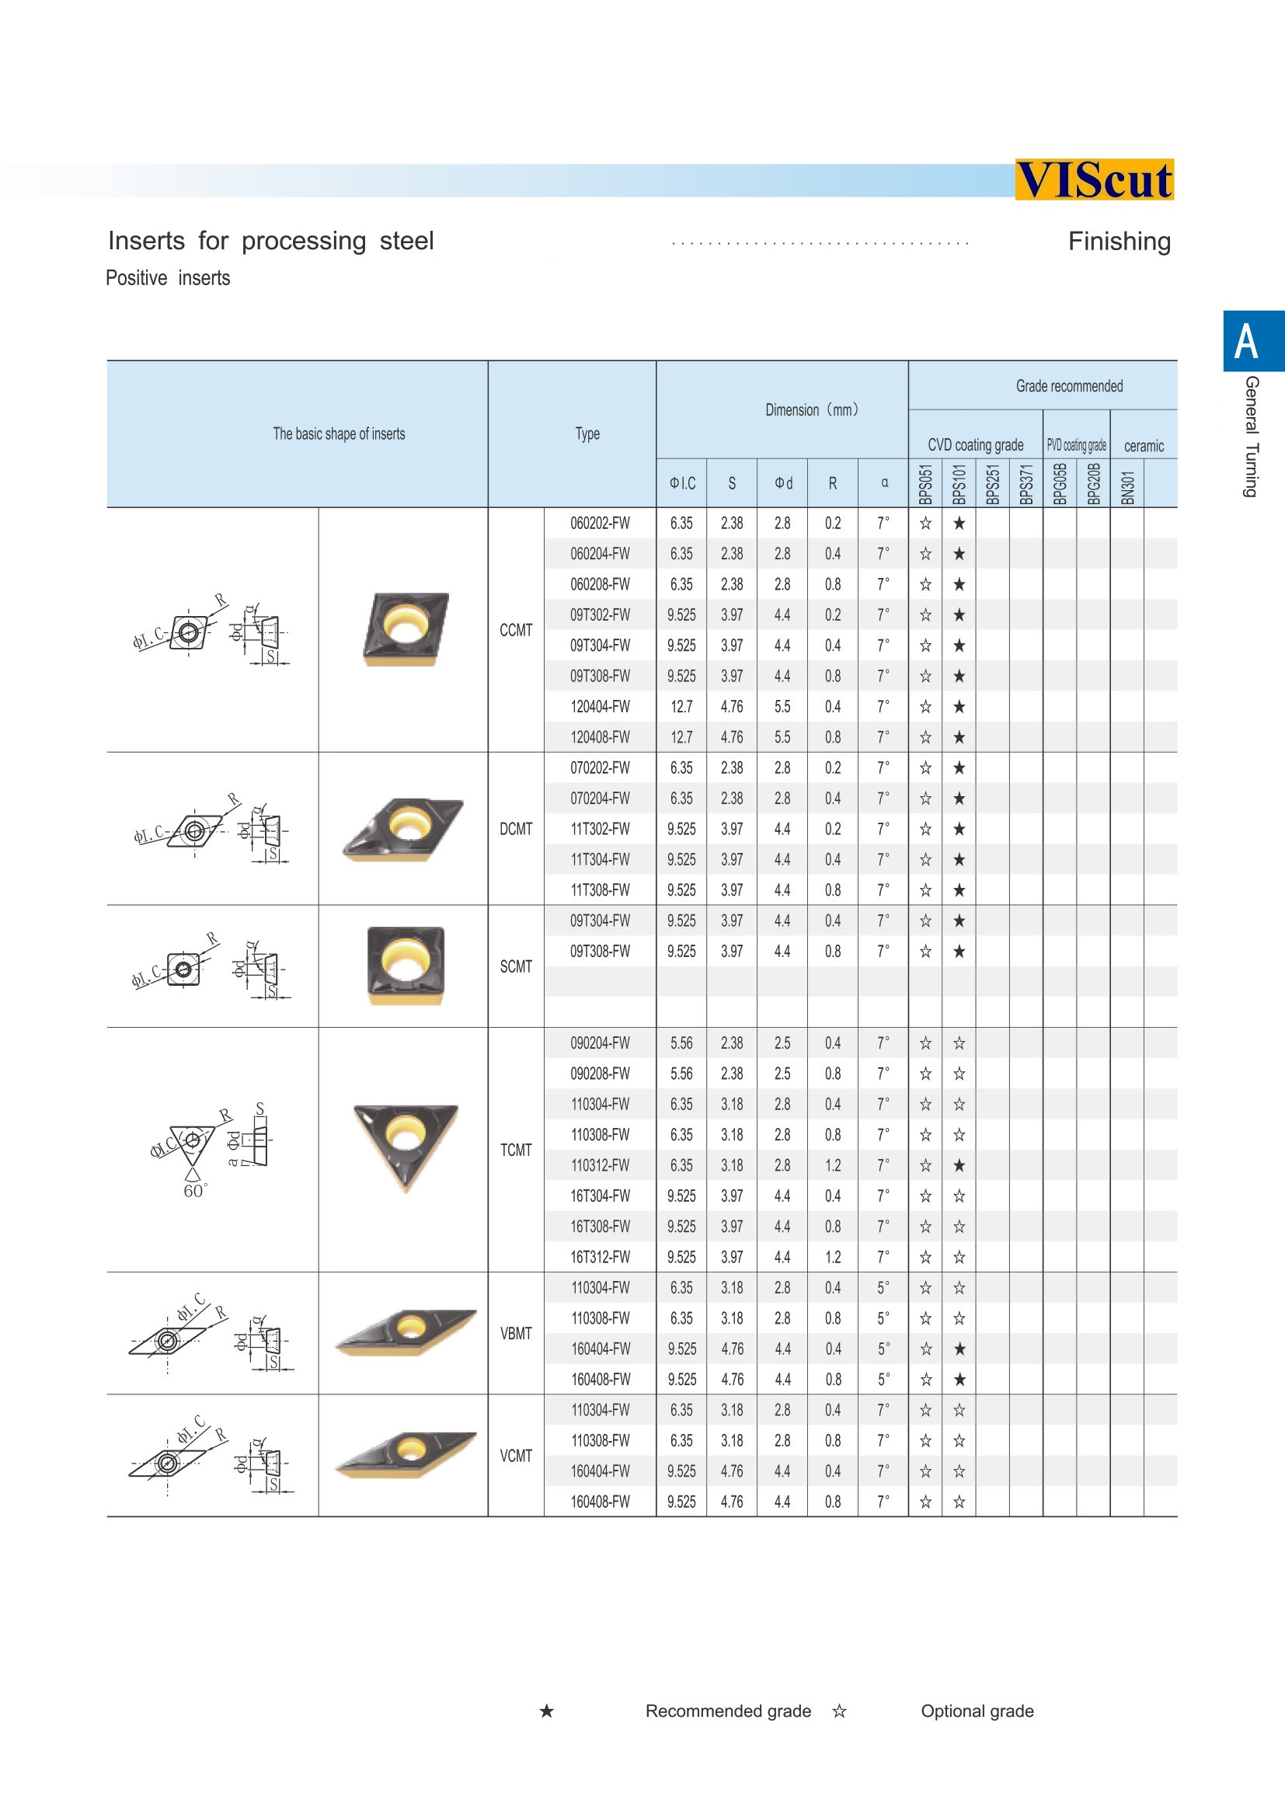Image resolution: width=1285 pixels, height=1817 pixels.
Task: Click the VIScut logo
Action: coord(1094,179)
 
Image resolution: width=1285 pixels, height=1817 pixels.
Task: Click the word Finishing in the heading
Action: coord(1119,242)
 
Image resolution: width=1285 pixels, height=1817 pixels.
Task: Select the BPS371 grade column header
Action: coord(1026,483)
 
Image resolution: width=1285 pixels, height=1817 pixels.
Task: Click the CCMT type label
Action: coord(516,630)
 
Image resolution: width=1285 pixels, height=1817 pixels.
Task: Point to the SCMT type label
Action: coord(516,966)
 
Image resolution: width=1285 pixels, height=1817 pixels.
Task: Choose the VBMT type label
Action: coord(516,1334)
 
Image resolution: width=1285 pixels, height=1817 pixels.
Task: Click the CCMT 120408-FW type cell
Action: coord(600,737)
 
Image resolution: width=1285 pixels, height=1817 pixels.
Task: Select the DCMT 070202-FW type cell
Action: coord(600,768)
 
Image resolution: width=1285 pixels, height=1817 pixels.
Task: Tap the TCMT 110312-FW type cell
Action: coord(600,1166)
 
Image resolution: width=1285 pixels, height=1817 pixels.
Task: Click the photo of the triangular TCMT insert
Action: coord(405,1145)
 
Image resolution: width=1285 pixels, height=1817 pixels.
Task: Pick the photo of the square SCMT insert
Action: coord(405,966)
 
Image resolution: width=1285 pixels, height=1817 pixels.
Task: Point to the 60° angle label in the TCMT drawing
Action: coord(195,1191)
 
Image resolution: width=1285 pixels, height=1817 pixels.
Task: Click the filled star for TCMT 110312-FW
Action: coord(959,1166)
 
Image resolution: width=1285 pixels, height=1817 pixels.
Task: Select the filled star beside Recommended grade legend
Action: coord(547,1711)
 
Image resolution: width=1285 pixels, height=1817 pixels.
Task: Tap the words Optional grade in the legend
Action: coord(977,1711)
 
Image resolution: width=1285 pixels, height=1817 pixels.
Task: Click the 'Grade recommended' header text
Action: coord(1069,386)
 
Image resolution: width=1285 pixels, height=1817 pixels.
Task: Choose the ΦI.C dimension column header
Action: coord(682,482)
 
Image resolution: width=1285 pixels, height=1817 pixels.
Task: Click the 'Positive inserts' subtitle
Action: coord(168,279)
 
